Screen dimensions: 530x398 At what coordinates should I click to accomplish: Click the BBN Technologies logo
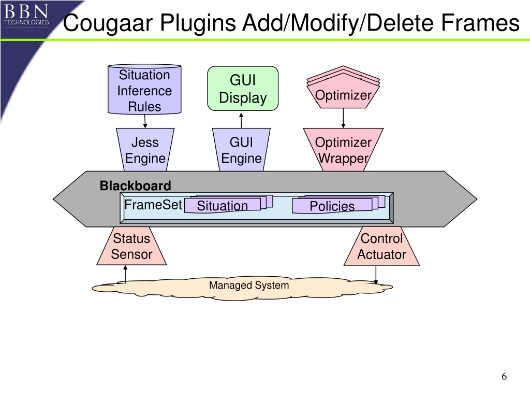pos(26,14)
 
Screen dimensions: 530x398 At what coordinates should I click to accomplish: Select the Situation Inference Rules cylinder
pos(144,89)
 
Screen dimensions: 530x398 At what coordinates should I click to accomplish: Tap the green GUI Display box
pos(243,88)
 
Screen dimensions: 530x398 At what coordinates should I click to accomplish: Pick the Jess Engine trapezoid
pos(145,150)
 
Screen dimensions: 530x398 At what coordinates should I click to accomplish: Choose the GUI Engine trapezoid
pos(241,150)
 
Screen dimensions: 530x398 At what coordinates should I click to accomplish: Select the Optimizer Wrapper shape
pos(343,150)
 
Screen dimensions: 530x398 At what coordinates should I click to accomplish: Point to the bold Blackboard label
pos(135,186)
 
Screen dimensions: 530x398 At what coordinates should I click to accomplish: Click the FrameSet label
pos(153,205)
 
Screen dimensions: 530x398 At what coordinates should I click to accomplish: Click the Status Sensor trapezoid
pos(131,246)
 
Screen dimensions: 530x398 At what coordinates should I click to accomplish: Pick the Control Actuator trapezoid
pos(381,246)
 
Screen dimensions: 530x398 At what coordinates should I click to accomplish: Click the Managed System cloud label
pos(249,285)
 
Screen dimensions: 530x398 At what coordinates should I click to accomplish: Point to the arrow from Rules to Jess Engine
pos(145,121)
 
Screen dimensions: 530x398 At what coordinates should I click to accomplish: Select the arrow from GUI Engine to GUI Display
pos(241,120)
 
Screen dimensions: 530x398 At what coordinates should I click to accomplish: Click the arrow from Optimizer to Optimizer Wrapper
pos(343,118)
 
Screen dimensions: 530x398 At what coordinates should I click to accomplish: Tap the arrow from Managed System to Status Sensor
pos(125,274)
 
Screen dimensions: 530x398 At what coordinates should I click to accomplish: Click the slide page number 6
pos(504,376)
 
